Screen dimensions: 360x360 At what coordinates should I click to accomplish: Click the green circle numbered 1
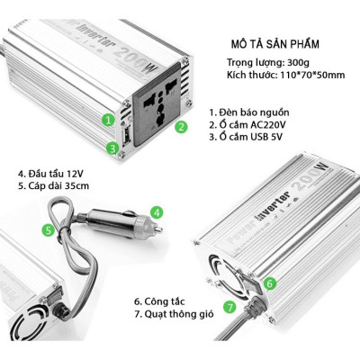(x=108, y=119)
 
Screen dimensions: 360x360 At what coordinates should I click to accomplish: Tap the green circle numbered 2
(x=180, y=127)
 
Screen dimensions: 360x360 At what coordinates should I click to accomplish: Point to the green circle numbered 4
(x=157, y=213)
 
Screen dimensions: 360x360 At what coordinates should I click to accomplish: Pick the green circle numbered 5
(x=48, y=230)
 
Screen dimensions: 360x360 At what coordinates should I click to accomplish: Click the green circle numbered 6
(x=245, y=283)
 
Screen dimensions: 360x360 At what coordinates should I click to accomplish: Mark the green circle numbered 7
(x=230, y=307)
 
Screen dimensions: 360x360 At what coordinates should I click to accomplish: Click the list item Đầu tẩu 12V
(x=52, y=171)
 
